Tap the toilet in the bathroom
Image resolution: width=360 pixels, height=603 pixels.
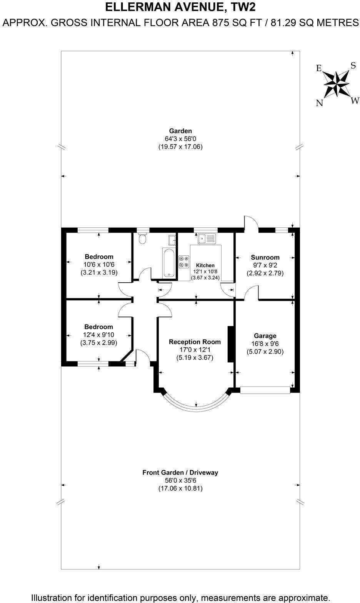point(143,238)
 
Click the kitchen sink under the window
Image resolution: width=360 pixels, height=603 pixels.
point(207,239)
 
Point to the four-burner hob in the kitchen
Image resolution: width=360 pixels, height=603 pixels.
point(183,262)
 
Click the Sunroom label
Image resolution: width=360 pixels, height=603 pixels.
point(265,257)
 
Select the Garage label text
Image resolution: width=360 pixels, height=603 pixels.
point(265,336)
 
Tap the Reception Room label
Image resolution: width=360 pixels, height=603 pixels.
point(195,341)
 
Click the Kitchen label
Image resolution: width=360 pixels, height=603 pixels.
point(205,265)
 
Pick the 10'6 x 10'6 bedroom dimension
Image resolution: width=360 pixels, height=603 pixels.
point(99,264)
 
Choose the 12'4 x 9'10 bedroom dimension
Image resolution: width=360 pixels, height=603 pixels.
point(99,335)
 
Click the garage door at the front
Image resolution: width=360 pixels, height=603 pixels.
point(265,390)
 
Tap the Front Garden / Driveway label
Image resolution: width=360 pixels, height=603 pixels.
point(180,472)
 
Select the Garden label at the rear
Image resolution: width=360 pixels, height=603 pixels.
point(180,131)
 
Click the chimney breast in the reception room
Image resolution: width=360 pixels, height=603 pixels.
point(231,344)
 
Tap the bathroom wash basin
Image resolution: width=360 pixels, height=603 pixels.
point(172,240)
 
